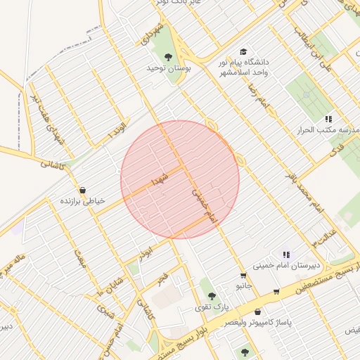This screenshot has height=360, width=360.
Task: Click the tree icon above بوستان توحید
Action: click(168, 56)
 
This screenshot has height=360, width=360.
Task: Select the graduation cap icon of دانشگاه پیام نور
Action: click(243, 51)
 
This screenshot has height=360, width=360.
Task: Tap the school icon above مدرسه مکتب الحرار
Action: click(328, 120)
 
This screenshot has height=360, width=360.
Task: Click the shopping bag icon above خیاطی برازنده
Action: click(83, 190)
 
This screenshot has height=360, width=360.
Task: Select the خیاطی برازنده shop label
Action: click(82, 201)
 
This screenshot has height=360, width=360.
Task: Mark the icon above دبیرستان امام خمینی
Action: click(285, 254)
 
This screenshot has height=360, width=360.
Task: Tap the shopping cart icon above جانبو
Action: click(243, 276)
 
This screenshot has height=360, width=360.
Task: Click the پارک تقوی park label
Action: click(213, 307)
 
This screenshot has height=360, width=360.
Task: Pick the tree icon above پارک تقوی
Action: click(212, 296)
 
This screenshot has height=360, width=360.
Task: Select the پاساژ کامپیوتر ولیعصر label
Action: click(259, 322)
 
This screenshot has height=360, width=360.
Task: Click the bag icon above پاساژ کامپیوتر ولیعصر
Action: click(258, 311)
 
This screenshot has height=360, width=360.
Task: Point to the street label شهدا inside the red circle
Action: click(159, 177)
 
